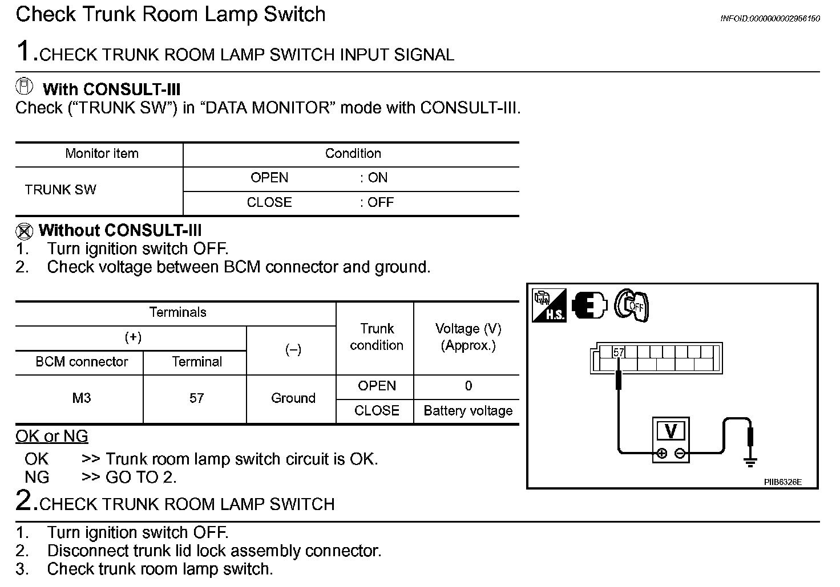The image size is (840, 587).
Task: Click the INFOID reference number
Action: pyautogui.click(x=770, y=19)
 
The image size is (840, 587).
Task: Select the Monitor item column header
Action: pyautogui.click(x=102, y=154)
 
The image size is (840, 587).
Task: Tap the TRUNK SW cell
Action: pyautogui.click(x=60, y=190)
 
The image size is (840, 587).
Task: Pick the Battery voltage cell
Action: pyautogui.click(x=467, y=411)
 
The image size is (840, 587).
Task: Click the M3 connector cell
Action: pyautogui.click(x=81, y=398)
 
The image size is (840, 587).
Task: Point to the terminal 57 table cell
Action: pyautogui.click(x=196, y=398)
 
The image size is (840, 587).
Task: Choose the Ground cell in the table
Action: pyautogui.click(x=293, y=398)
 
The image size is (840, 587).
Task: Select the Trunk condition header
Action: pyautogui.click(x=376, y=337)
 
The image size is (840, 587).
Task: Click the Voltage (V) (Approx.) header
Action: pyautogui.click(x=468, y=337)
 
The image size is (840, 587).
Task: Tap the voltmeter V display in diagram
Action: pyautogui.click(x=671, y=431)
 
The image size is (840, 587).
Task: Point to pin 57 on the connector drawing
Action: pyautogui.click(x=619, y=353)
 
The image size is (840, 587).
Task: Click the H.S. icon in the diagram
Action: pyautogui.click(x=549, y=305)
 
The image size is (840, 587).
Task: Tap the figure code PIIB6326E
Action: pyautogui.click(x=783, y=482)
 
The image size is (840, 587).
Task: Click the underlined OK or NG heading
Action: pyautogui.click(x=52, y=437)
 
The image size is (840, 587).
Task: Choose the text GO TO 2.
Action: pyautogui.click(x=141, y=477)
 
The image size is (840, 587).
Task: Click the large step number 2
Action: pyautogui.click(x=26, y=500)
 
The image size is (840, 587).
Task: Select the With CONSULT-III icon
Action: pyautogui.click(x=25, y=87)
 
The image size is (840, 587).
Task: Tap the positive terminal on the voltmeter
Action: pyautogui.click(x=661, y=454)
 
